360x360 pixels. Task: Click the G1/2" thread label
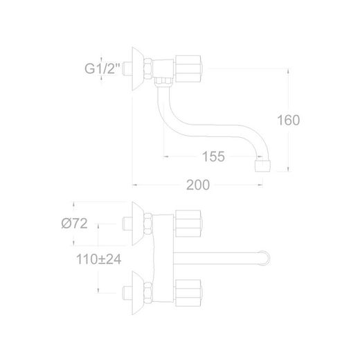pos(102,69)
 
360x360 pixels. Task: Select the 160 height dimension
pos(288,120)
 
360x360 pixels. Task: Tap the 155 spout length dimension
pos(213,156)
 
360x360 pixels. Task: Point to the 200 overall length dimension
pos(198,185)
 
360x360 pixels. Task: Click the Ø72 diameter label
pos(75,224)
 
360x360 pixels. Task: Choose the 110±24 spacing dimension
pos(98,259)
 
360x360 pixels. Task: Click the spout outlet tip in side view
pos(262,166)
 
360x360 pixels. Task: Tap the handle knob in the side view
pos(188,69)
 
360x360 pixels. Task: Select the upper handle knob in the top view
pos(188,224)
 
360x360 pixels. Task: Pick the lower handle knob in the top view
pos(188,293)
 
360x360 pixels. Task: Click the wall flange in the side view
pos(138,69)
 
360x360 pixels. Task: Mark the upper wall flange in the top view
pos(138,224)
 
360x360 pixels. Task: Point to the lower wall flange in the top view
pos(138,293)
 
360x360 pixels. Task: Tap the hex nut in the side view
pos(148,69)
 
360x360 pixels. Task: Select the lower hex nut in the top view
pos(148,293)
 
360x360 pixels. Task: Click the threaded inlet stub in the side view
pos(127,69)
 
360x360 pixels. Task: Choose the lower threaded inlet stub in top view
pos(127,293)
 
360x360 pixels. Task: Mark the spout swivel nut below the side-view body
pos(163,82)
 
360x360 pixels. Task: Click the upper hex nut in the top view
pos(148,224)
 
